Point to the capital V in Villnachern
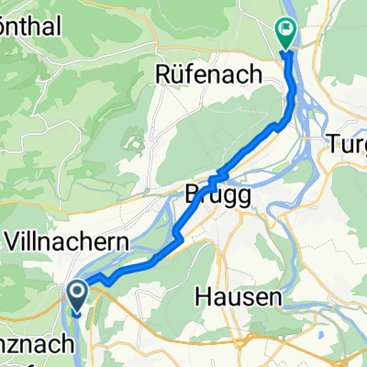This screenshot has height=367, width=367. pos(16,242)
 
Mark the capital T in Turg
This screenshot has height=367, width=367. pos(333,143)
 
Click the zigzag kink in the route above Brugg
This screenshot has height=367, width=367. pos(218,176)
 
